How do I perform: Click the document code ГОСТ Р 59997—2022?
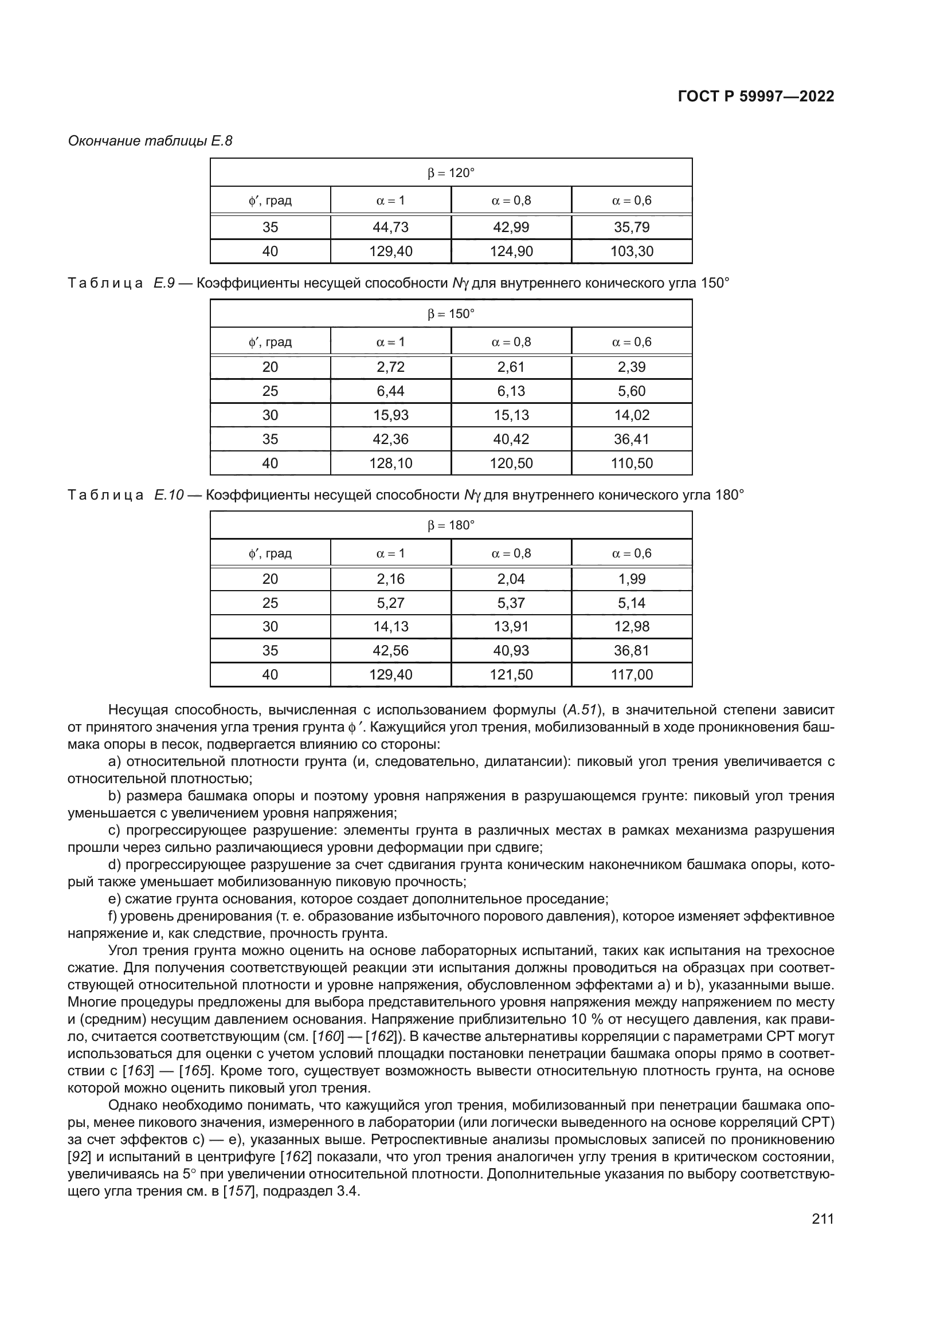756,97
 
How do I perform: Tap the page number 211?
822,1219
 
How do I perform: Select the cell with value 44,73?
390,227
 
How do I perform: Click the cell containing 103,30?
632,252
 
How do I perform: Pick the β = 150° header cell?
451,314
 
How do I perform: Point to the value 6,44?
390,391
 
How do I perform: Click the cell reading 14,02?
632,415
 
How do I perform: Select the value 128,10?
390,463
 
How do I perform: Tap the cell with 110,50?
632,463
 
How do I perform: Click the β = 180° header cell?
451,525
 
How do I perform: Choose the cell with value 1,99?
632,579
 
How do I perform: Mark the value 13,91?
511,626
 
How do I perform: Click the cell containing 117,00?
632,675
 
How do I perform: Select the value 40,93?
511,650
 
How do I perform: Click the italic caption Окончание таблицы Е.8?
150,141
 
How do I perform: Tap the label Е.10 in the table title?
169,495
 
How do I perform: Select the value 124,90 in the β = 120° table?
511,252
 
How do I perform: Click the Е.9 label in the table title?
164,283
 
